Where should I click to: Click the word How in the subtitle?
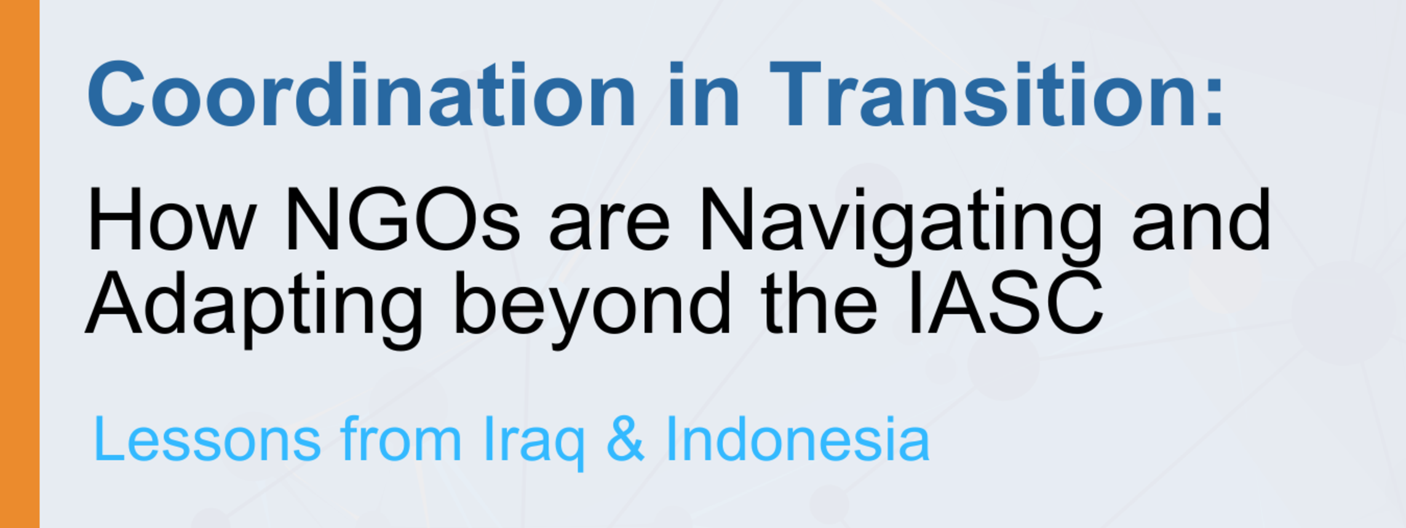171,220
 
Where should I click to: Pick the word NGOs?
403,220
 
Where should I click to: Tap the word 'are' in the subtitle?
609,228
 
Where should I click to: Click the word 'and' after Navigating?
1201,220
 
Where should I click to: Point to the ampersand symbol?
626,438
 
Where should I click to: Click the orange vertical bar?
20,264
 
